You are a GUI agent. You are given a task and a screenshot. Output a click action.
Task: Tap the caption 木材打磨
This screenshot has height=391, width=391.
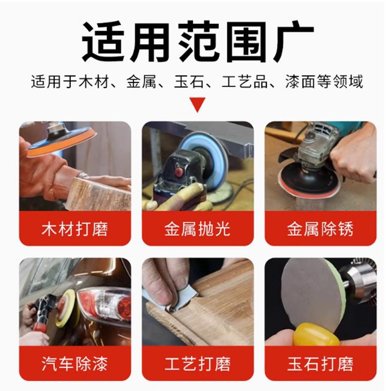[x=75, y=229]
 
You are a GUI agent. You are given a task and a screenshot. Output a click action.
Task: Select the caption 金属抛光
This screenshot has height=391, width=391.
[x=197, y=229]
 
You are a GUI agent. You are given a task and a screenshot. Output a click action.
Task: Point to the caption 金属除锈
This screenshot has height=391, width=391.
[x=320, y=229]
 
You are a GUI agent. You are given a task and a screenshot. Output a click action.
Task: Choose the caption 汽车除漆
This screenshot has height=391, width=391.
[x=75, y=364]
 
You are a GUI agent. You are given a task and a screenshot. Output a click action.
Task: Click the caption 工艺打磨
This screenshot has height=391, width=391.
[x=197, y=364]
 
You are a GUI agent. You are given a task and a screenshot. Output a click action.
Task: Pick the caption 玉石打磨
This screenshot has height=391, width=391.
[x=320, y=364]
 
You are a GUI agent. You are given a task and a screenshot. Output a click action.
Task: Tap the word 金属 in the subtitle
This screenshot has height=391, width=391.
[x=141, y=81]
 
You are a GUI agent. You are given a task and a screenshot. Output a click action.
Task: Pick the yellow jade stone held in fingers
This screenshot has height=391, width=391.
[x=316, y=334]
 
